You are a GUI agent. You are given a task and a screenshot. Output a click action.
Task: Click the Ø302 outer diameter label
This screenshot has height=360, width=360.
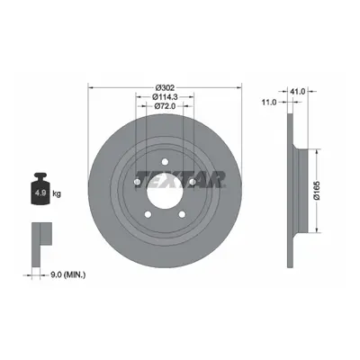pyautogui.click(x=165, y=87)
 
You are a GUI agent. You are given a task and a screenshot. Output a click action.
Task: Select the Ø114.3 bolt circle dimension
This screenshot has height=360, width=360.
pyautogui.click(x=165, y=96)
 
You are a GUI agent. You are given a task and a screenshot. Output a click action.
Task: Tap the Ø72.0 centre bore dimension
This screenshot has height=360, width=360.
pyautogui.click(x=165, y=106)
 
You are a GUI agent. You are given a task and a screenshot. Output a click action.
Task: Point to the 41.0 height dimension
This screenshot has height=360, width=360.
pyautogui.click(x=296, y=92)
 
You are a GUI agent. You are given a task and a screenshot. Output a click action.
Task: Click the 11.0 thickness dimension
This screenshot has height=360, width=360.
pyautogui.click(x=269, y=103)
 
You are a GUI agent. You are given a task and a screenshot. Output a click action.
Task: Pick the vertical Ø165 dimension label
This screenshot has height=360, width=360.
pyautogui.click(x=317, y=190)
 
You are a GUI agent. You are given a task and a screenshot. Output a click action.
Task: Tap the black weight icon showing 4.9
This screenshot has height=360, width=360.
pyautogui.click(x=40, y=188)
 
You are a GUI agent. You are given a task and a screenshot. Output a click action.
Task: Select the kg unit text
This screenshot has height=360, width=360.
pyautogui.click(x=57, y=193)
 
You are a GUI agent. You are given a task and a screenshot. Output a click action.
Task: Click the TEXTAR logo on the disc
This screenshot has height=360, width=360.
pyautogui.click(x=181, y=179)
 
